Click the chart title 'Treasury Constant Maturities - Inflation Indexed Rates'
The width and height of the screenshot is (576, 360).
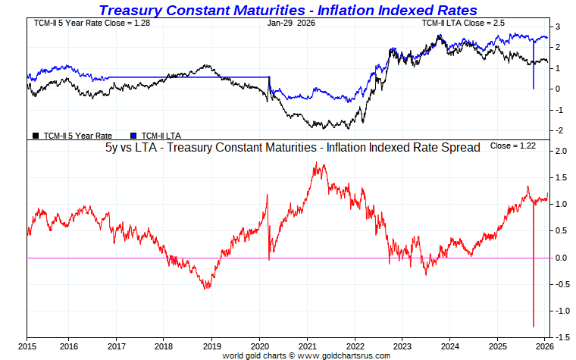click(288, 10)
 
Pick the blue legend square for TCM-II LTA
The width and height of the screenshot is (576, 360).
click(134, 135)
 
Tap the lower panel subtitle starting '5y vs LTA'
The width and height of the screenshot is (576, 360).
click(293, 148)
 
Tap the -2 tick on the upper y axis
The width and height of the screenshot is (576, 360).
click(559, 130)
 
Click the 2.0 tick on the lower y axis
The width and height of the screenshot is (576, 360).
click(561, 151)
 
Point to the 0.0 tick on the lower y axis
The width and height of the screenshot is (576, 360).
click(561, 258)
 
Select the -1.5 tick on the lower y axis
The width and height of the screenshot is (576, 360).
click(561, 337)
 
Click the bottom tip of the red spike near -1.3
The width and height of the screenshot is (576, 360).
click(534, 326)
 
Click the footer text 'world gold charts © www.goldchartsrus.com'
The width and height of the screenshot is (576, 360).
click(306, 355)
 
